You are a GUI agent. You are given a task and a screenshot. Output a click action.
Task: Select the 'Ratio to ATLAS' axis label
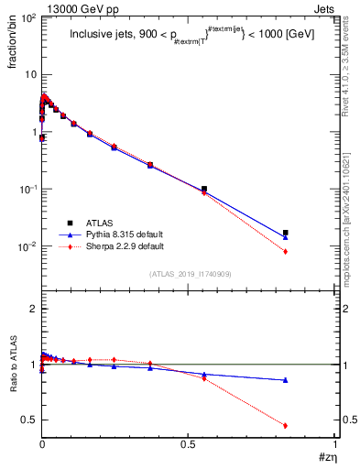14,365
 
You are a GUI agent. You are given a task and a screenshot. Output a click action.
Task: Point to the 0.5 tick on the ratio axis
28,420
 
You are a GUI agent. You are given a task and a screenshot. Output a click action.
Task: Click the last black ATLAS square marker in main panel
286,233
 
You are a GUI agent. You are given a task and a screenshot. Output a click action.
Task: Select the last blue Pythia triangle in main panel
286,237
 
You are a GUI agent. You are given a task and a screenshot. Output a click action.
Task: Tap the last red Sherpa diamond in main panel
286,251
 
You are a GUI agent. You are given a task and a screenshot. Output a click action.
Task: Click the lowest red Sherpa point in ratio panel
286,425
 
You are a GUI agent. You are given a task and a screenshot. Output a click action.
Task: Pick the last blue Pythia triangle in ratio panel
286,380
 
